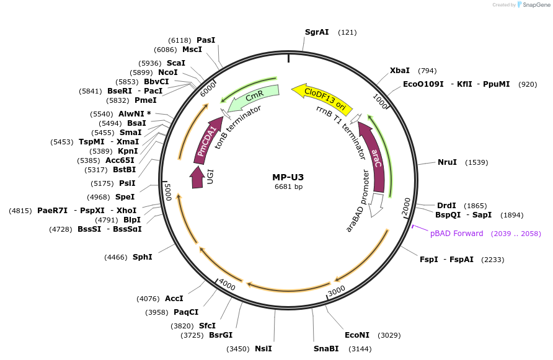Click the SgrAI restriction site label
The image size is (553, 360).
point(317,32)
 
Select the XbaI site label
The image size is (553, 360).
point(399,71)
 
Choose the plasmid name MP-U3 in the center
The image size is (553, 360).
point(288,177)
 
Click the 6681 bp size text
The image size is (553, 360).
point(288,187)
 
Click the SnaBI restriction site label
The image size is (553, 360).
point(325,349)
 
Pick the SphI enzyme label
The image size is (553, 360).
point(142,257)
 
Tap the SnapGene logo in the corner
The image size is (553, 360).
point(531,4)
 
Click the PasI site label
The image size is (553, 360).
point(206,40)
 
